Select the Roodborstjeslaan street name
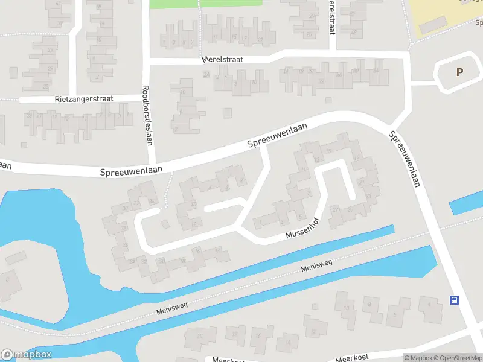coord(146,114)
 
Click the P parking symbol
coord(459,72)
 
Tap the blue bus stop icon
coord(454,300)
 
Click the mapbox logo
coord(27,355)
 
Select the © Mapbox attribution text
coord(418,358)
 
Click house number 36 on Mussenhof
coord(125,208)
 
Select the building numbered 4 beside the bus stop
coord(430,304)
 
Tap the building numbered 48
coord(353,31)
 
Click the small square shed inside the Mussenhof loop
coord(164,224)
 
